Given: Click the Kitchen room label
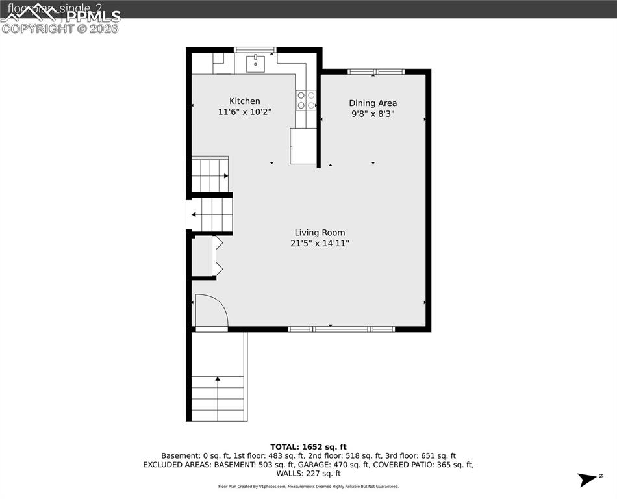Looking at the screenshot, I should point(244,101).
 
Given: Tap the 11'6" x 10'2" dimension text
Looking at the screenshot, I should point(244,112).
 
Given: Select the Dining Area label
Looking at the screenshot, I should point(373,103).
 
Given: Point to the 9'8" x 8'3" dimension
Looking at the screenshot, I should point(373,114).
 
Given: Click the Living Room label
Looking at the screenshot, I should point(320,233).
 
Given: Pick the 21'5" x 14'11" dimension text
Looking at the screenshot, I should point(320,244).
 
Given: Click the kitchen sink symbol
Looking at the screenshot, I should point(256,63).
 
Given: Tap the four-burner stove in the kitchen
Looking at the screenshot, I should point(306,100).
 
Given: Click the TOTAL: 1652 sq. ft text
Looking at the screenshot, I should point(308,447).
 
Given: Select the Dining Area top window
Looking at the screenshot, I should point(376,71).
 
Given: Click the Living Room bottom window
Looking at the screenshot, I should point(342,329).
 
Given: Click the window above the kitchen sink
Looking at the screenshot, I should point(255,50).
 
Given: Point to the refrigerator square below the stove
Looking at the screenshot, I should point(303,146).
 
